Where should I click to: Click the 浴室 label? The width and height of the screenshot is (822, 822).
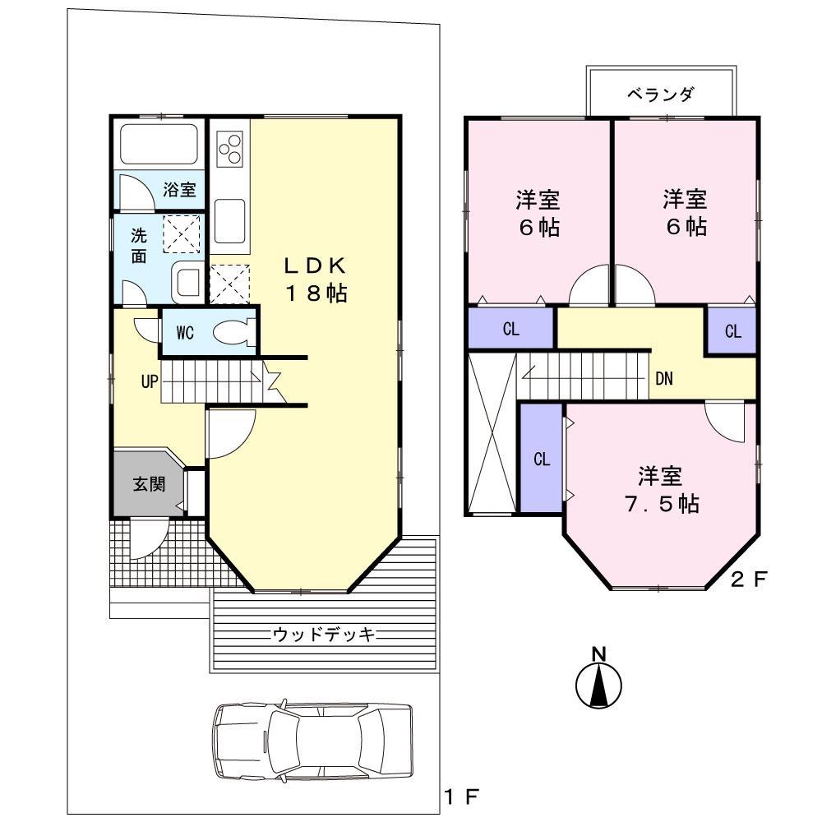(179, 190)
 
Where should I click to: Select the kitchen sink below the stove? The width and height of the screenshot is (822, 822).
(230, 220)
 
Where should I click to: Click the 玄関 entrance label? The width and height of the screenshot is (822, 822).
(149, 483)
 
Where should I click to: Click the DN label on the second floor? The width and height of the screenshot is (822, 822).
(665, 379)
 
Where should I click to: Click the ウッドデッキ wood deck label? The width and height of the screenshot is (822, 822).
(324, 634)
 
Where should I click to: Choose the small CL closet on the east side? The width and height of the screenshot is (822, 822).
(732, 332)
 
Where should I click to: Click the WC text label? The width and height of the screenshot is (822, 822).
(185, 333)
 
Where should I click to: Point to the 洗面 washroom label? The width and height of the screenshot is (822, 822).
(139, 244)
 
